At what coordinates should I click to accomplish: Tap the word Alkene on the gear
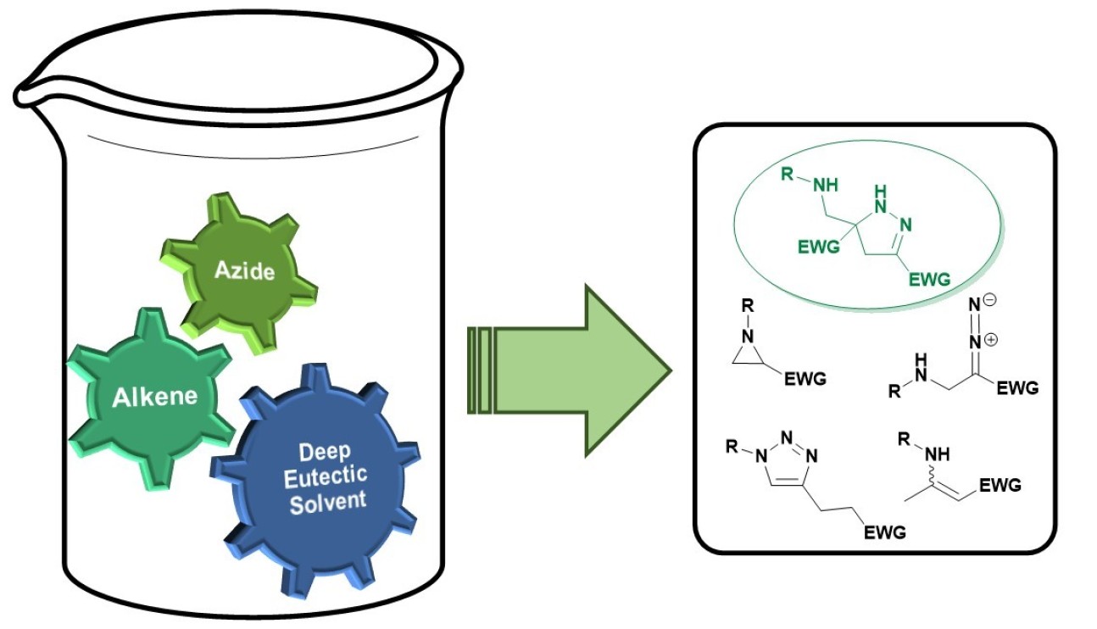tap(154, 396)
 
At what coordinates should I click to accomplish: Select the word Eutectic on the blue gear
tap(327, 476)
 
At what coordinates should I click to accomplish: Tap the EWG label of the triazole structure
tap(883, 532)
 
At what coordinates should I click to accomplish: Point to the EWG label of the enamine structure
tap(1000, 486)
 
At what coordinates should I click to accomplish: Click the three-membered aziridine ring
tap(749, 354)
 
